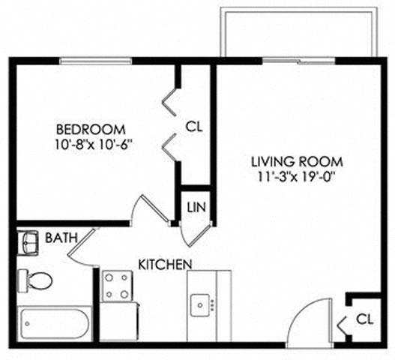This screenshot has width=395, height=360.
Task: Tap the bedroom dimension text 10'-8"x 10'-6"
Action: tap(95, 142)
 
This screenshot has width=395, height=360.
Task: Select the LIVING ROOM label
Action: tap(297, 162)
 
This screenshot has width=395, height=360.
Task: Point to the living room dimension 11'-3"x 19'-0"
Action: tap(297, 177)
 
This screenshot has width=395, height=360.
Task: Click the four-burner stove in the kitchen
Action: tap(118, 286)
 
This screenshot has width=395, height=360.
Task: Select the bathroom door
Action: tap(82, 247)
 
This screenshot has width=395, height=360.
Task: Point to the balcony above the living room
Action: tap(298, 32)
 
